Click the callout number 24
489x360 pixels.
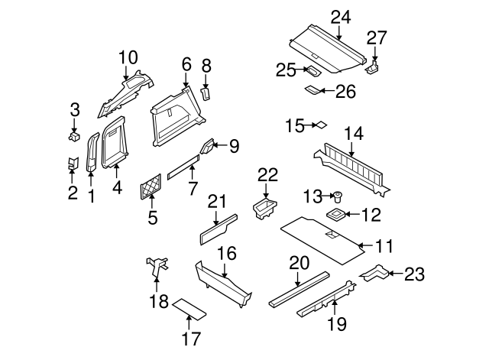click(x=338, y=16)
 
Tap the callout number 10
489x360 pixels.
click(x=128, y=56)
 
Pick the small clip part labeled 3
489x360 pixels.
click(x=75, y=137)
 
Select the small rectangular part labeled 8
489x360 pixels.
click(x=205, y=93)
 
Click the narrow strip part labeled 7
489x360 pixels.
click(x=182, y=168)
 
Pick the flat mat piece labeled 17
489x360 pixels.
click(x=188, y=310)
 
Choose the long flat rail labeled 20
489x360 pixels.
click(x=299, y=287)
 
